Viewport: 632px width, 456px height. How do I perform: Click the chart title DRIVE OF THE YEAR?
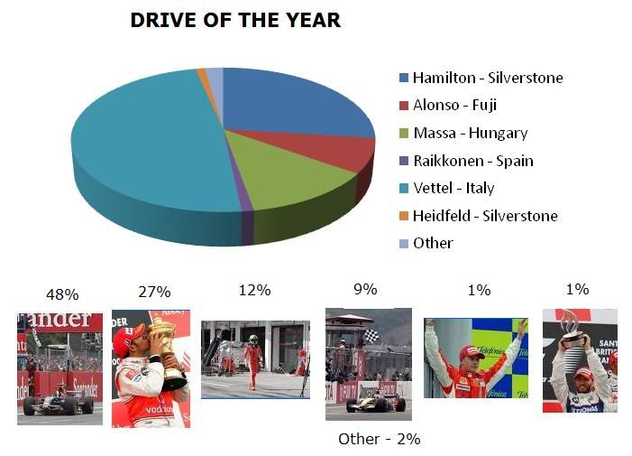coord(235,20)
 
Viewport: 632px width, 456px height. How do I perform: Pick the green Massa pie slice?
coord(290,173)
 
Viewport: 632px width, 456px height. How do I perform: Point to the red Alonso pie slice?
coord(346,149)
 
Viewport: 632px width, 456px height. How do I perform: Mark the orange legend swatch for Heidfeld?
coord(404,216)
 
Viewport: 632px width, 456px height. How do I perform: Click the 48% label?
coord(62,294)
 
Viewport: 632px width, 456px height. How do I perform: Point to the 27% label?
coord(154,292)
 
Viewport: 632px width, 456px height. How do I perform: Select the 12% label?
coord(254,290)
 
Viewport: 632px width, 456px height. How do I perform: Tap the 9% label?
coord(365,289)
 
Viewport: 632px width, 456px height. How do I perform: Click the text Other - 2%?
coord(380,439)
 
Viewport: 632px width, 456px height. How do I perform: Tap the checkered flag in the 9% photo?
coord(371,335)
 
